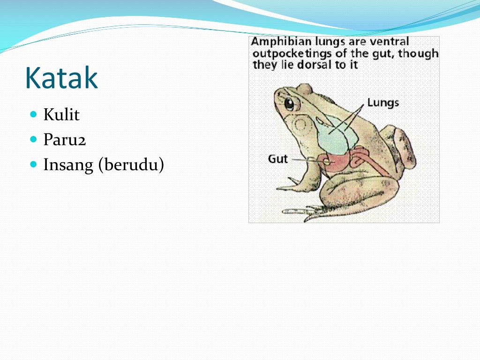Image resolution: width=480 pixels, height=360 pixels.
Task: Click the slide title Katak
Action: click(61, 78)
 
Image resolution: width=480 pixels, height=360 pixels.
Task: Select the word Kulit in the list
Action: click(61, 115)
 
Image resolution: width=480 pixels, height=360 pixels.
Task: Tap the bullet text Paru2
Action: click(65, 140)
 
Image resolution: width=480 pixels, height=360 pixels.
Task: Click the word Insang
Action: click(68, 165)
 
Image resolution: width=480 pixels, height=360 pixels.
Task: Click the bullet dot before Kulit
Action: click(33, 114)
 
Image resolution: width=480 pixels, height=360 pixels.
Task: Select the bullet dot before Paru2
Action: click(33, 139)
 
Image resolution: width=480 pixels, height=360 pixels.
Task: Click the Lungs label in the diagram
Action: click(382, 103)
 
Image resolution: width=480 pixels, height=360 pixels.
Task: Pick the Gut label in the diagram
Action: click(278, 159)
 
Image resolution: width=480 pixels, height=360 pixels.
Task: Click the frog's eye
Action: click(289, 104)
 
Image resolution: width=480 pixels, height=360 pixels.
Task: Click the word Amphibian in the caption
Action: click(280, 42)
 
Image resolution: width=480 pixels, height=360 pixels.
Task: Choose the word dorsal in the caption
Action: click(312, 65)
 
